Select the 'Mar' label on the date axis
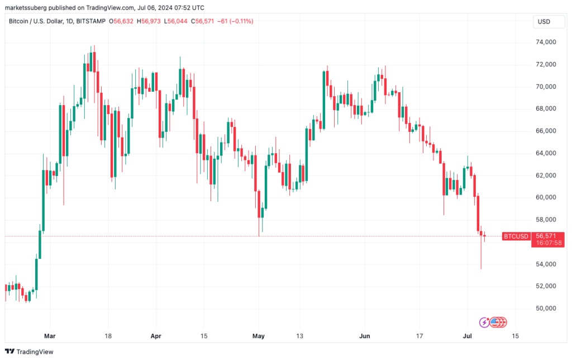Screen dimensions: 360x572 (x=50, y=336)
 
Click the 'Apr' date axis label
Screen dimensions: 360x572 (x=156, y=336)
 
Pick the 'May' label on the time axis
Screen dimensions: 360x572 (x=259, y=336)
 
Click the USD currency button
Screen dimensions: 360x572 (x=544, y=21)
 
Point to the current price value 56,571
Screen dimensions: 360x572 (x=546, y=236)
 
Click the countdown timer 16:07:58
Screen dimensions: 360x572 (x=546, y=243)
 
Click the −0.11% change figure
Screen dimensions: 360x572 (x=242, y=21)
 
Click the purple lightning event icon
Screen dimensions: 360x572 (x=484, y=322)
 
